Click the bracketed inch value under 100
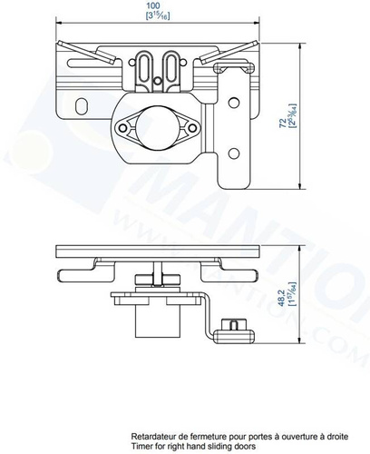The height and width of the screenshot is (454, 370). coord(160,17)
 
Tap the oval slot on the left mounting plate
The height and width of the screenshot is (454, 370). coord(82,107)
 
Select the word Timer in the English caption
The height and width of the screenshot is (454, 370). coord(141,447)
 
